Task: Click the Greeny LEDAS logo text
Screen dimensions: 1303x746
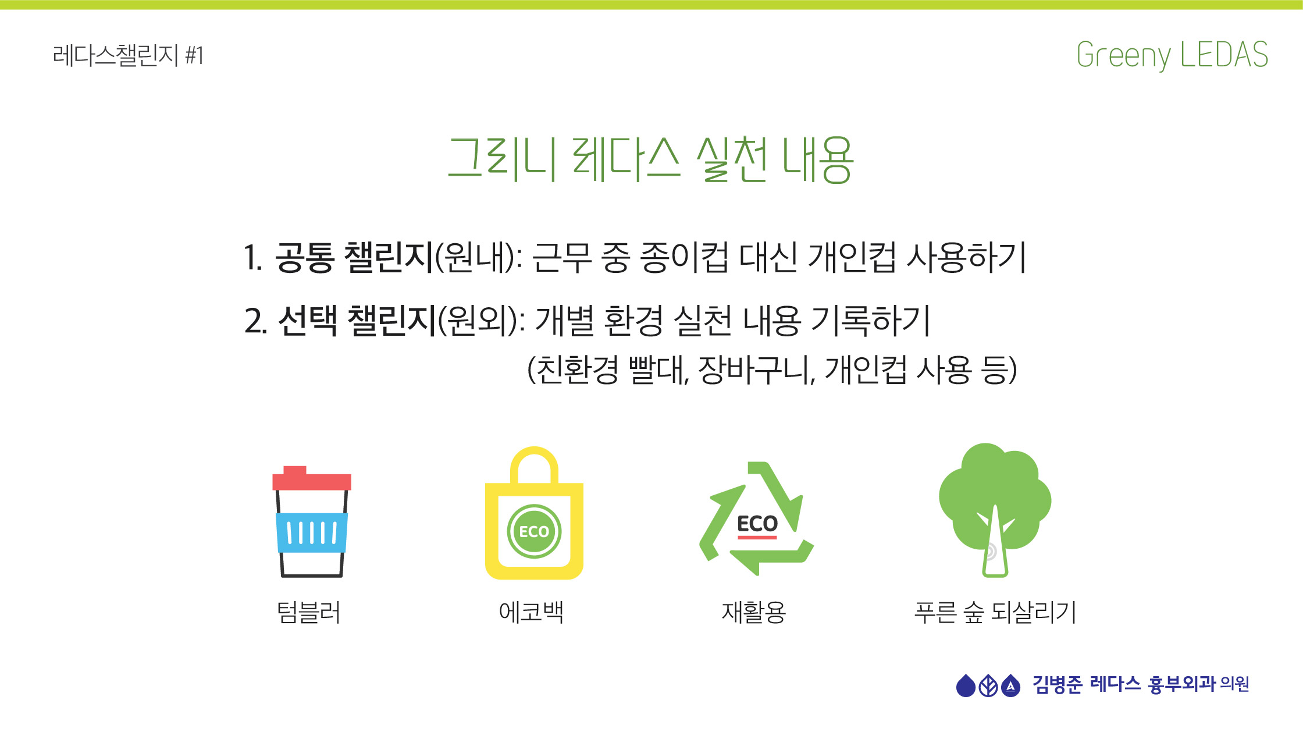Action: pos(1172,55)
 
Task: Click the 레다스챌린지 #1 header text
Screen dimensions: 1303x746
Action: pos(128,56)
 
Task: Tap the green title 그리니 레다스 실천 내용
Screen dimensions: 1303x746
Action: pos(651,159)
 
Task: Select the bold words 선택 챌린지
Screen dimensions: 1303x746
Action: pos(357,321)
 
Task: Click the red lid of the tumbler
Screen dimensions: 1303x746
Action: pos(312,478)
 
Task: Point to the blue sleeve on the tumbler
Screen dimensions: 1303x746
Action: pos(312,532)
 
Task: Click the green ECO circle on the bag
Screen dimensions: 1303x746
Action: pos(534,531)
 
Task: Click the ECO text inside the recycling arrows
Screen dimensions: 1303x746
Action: pos(757,524)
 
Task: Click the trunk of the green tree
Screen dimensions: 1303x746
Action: pos(995,545)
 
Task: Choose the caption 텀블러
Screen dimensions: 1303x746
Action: pos(308,613)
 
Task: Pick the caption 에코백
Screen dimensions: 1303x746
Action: pos(531,612)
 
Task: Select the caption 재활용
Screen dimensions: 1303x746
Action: pos(754,613)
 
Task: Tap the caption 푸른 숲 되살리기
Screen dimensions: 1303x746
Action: pos(995,613)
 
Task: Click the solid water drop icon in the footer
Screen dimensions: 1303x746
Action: pos(966,685)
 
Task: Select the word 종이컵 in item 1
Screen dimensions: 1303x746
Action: pos(683,257)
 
